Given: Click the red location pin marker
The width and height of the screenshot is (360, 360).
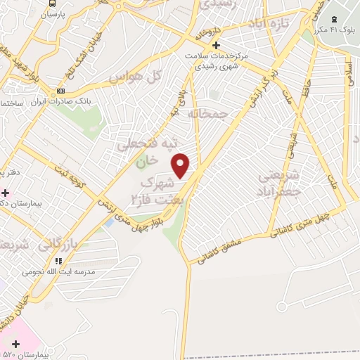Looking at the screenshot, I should click(x=181, y=165).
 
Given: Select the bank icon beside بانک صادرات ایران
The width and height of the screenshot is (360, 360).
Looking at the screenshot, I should click(x=60, y=91).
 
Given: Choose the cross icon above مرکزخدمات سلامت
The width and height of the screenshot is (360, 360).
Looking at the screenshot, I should click(x=217, y=45).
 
